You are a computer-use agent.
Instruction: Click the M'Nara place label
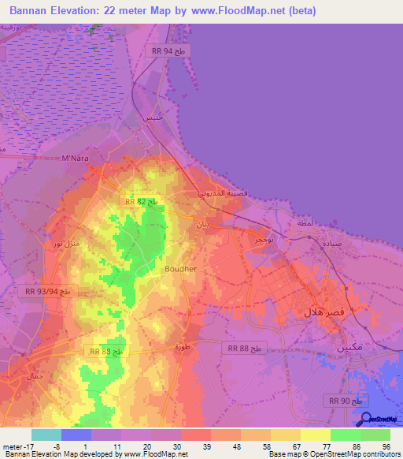click(x=75, y=159)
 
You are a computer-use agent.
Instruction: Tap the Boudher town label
click(x=180, y=269)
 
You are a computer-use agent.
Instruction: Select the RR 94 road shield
click(x=168, y=50)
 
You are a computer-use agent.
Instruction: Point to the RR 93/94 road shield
click(x=48, y=292)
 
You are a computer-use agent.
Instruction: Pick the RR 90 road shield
click(x=347, y=401)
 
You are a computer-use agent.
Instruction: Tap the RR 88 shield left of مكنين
click(x=246, y=348)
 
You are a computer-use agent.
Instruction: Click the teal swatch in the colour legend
click(x=46, y=435)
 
